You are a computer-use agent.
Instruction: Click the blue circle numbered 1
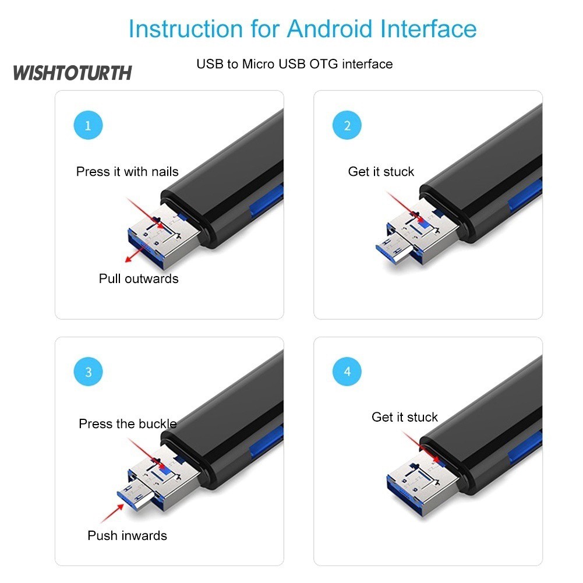click(x=88, y=125)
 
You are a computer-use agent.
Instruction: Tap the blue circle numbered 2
click(x=347, y=125)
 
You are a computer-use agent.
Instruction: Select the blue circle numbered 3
click(x=88, y=372)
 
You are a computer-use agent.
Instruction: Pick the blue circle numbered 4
click(x=347, y=372)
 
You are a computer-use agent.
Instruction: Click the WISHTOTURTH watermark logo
click(x=72, y=73)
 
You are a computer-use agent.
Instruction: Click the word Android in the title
click(x=330, y=29)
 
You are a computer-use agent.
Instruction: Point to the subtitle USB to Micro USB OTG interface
click(x=295, y=64)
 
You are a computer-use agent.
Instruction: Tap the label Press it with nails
click(x=127, y=171)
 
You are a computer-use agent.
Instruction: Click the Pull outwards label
click(x=139, y=278)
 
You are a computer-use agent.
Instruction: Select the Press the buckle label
click(x=128, y=423)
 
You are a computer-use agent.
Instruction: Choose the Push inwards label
click(x=127, y=535)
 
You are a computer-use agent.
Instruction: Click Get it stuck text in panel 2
click(x=381, y=171)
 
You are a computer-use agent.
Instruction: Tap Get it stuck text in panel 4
click(x=405, y=417)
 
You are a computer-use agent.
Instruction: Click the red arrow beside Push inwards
click(x=112, y=514)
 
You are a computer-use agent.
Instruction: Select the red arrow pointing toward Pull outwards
click(x=136, y=253)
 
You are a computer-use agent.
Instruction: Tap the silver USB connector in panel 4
click(x=423, y=483)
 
